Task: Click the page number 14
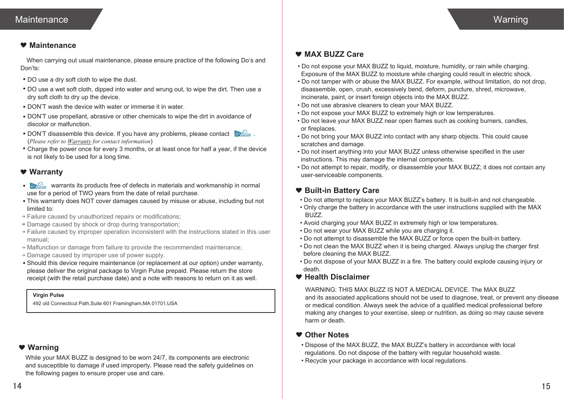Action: [x=17, y=386]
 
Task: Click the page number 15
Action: [x=545, y=386]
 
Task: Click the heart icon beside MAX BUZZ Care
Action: [x=298, y=54]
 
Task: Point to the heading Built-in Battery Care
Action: [x=341, y=190]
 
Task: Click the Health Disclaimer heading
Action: [x=337, y=277]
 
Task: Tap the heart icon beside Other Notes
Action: [x=299, y=335]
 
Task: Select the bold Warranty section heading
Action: [x=46, y=172]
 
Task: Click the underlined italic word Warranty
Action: [x=79, y=141]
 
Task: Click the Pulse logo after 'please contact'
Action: [x=243, y=134]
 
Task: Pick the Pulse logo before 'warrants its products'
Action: [x=38, y=186]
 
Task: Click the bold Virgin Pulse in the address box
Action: [x=48, y=295]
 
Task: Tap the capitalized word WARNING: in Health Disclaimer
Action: [x=321, y=290]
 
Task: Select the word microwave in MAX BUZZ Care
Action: [x=512, y=89]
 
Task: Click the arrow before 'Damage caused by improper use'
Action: [x=23, y=255]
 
